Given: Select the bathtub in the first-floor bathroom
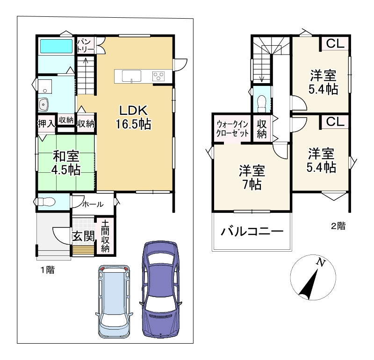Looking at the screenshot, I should [x=56, y=47].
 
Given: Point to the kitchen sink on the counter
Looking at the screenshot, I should [x=132, y=75].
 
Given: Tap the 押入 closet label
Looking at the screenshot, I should [x=46, y=123].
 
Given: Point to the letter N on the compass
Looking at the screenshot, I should [x=320, y=262].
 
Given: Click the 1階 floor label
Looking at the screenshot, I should [x=47, y=269].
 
